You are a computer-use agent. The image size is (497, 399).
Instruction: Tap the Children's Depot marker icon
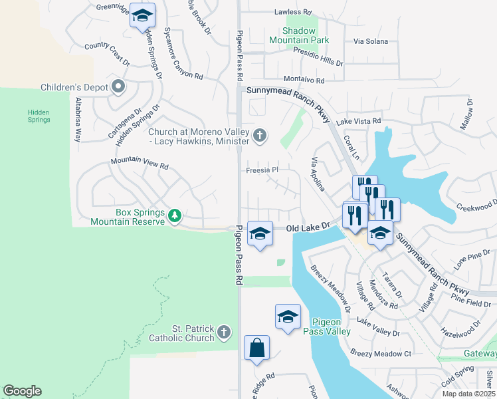(119, 86)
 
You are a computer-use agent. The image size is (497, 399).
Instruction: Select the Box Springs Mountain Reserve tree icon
(175, 215)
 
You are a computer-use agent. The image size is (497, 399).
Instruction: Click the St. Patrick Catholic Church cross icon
(225, 331)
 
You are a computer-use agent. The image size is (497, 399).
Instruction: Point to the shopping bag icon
(256, 348)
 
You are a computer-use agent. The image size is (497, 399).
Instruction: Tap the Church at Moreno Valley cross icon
(260, 136)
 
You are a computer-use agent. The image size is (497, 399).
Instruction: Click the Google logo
(22, 391)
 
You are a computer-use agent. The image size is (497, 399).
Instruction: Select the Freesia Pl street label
(262, 170)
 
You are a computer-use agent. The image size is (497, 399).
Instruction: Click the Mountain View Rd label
(140, 163)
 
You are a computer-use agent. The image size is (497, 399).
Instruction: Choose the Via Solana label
(370, 41)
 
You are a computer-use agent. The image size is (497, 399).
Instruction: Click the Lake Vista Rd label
(359, 121)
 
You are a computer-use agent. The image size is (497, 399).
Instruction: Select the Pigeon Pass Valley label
(327, 326)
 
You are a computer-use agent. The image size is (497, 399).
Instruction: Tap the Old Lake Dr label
(308, 227)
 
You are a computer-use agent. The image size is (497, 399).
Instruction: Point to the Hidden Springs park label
(39, 116)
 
